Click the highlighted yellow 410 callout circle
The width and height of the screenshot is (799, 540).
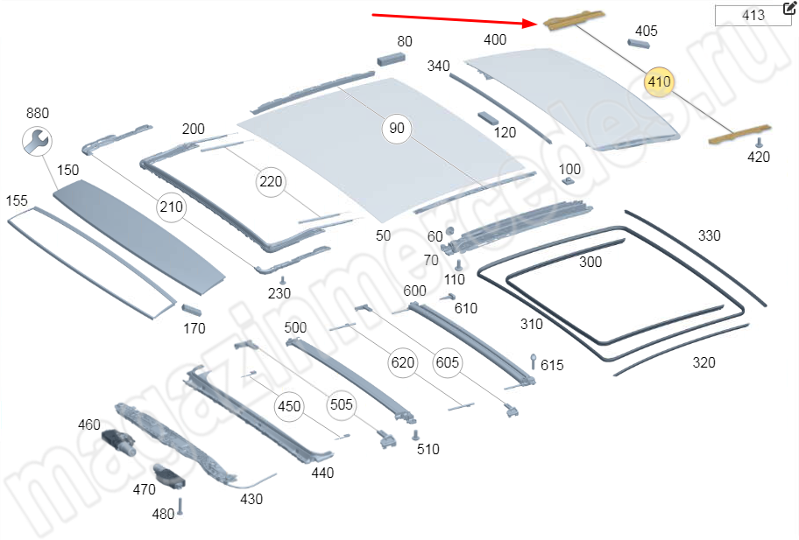658,82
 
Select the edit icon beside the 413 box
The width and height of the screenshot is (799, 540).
788,10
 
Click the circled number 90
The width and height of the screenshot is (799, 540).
397,129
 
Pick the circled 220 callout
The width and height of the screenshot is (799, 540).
271,182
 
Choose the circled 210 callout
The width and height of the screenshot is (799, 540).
172,207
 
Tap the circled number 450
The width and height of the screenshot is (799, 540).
288,406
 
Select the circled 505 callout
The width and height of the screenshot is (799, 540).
342,404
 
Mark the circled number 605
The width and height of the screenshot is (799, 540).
447,361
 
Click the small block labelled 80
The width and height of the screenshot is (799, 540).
392,58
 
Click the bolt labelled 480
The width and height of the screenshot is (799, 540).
180,507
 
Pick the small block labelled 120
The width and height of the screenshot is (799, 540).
488,118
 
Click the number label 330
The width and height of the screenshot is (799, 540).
709,235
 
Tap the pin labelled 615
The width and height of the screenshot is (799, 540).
534,361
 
